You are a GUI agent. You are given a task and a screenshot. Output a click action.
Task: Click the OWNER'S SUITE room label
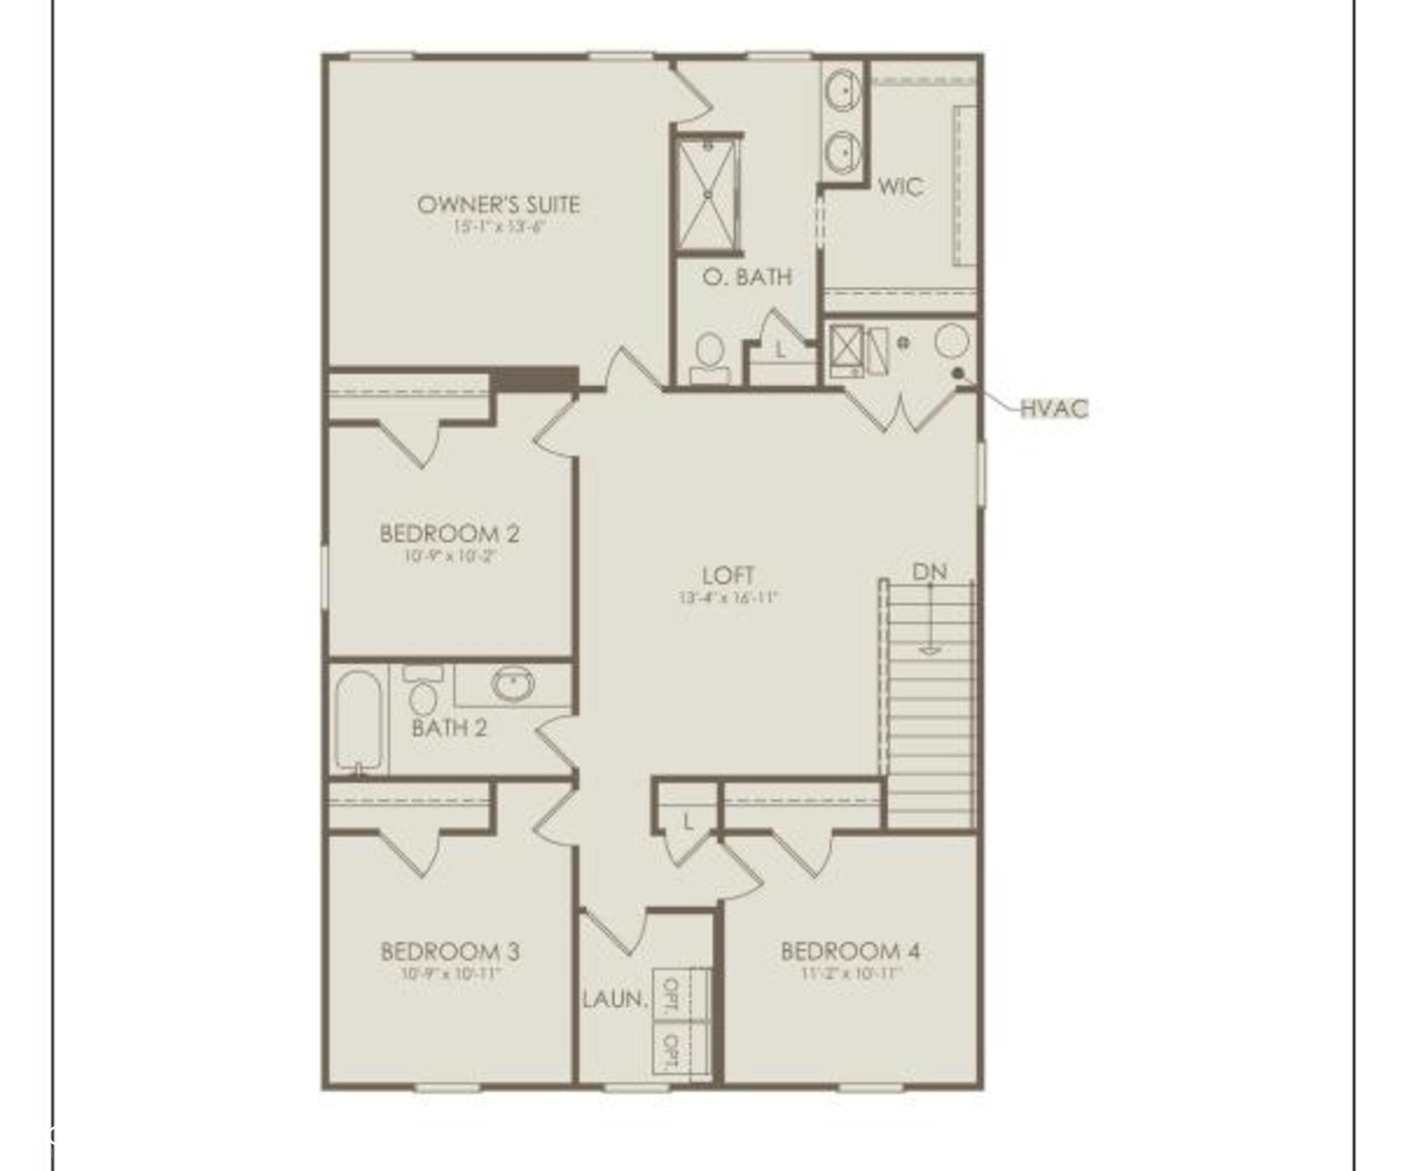click(x=498, y=204)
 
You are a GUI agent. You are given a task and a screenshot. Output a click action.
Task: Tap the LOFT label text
click(x=728, y=575)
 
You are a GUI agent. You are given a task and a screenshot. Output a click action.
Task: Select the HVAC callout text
click(x=1054, y=409)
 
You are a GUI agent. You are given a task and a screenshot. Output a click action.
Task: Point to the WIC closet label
click(x=900, y=187)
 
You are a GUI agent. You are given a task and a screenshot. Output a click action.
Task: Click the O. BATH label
click(x=747, y=276)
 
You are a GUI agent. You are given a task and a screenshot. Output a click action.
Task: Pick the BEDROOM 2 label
click(x=449, y=534)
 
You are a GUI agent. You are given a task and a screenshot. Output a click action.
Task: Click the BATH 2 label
click(x=449, y=728)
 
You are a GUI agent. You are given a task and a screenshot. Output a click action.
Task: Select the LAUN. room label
click(x=615, y=999)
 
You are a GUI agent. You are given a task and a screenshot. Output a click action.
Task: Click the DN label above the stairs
click(x=929, y=572)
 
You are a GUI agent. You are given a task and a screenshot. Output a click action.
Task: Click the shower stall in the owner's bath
click(x=708, y=194)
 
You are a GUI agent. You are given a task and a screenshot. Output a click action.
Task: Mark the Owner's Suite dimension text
click(x=499, y=226)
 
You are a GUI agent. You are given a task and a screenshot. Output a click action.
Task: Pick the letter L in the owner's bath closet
click(x=781, y=349)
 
